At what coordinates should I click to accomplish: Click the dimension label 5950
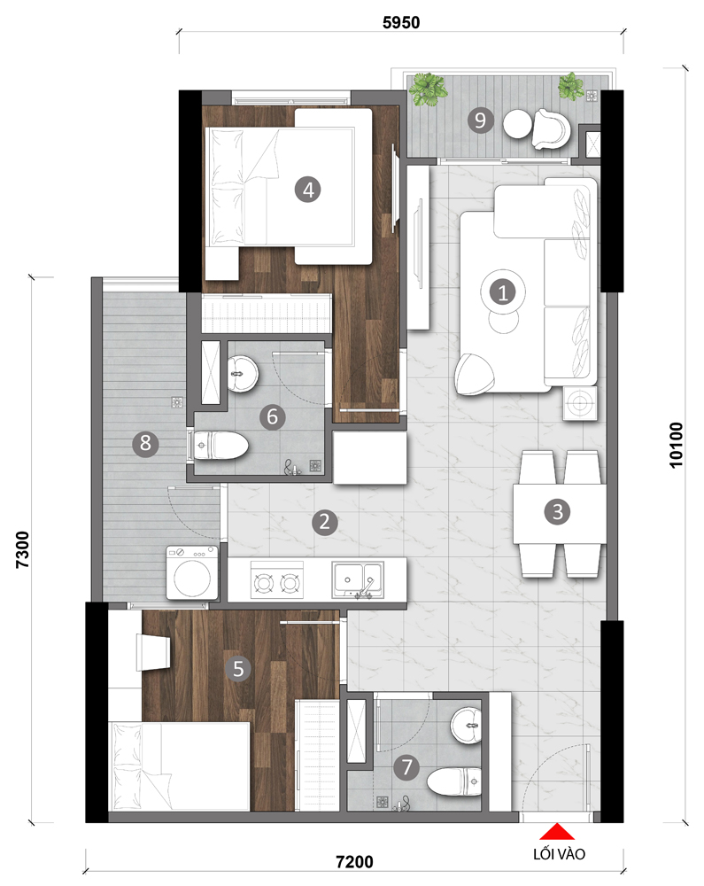click(x=401, y=23)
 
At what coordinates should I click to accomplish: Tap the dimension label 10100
click(x=676, y=446)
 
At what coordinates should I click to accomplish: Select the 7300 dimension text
click(x=22, y=549)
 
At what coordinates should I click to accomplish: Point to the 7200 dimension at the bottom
click(x=354, y=862)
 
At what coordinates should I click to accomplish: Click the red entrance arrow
click(x=557, y=832)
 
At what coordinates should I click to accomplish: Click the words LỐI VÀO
click(x=559, y=854)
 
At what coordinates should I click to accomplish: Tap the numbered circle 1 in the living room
click(x=502, y=292)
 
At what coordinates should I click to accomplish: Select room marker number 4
click(x=307, y=190)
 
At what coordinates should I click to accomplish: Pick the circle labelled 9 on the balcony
click(x=481, y=120)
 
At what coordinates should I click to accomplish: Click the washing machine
click(x=192, y=572)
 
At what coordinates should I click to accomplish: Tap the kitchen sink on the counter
click(x=358, y=579)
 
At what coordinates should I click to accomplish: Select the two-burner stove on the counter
click(x=276, y=579)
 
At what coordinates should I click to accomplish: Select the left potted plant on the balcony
click(x=429, y=89)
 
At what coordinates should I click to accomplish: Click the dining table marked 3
click(x=559, y=513)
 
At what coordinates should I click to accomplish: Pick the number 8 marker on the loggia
click(x=145, y=443)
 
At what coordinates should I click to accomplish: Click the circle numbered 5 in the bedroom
click(x=238, y=668)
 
